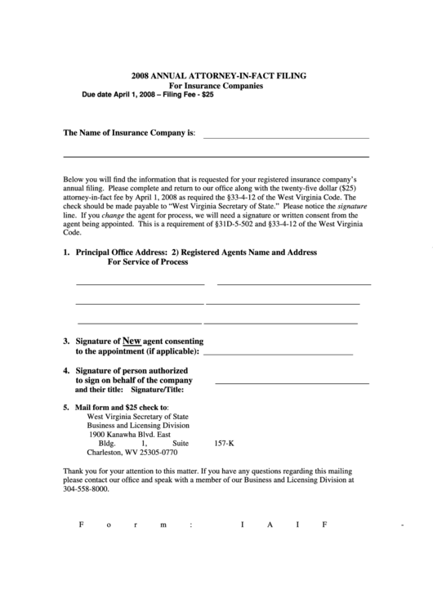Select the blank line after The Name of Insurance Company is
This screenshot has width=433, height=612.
coord(285,136)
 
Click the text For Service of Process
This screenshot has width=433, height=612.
coord(148,262)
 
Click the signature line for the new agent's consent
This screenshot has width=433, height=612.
coord(277,355)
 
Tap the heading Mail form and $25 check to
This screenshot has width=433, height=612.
coord(122,406)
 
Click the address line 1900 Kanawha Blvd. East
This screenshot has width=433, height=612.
coord(129,435)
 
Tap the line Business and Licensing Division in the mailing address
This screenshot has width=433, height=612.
coord(138,425)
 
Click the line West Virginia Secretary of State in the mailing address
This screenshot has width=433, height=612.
coord(137,416)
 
